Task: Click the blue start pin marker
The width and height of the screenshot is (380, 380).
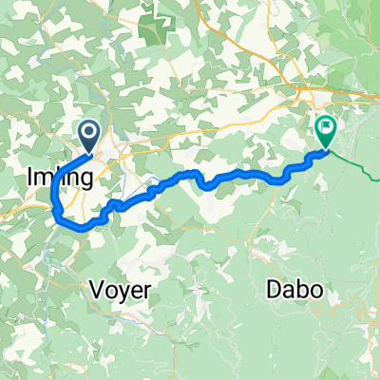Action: click(x=91, y=135)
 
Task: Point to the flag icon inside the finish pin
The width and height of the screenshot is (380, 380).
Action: click(x=326, y=125)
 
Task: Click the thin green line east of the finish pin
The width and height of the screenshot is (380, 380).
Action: click(x=356, y=167)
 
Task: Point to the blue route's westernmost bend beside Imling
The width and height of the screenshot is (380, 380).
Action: click(x=52, y=197)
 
